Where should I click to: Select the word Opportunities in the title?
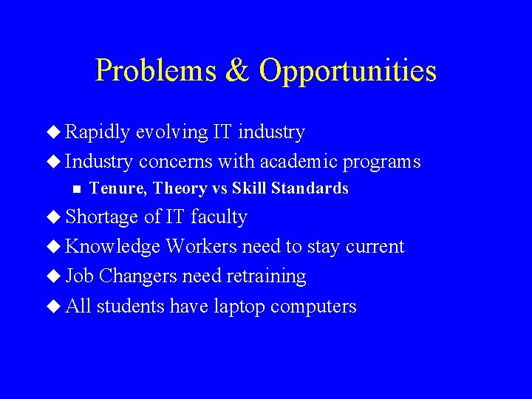click(348, 71)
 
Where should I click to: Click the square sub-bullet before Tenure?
click(75, 189)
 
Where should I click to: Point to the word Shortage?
click(102, 217)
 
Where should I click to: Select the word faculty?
click(219, 217)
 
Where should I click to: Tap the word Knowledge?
click(113, 247)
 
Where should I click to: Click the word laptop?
click(239, 307)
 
